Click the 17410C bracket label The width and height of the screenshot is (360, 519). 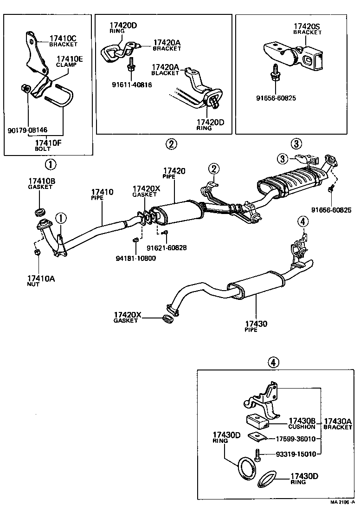point(62,41)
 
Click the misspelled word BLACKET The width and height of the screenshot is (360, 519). point(165,73)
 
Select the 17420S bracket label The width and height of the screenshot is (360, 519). point(307,29)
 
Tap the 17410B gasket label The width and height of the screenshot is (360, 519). point(42,183)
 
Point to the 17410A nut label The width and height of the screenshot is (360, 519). point(41,280)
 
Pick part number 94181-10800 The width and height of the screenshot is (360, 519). point(136,258)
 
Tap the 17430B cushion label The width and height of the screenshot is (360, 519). point(302,423)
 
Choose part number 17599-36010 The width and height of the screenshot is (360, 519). point(296,439)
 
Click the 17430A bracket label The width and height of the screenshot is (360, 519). point(338,423)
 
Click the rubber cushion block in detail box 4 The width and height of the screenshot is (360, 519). point(259,421)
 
